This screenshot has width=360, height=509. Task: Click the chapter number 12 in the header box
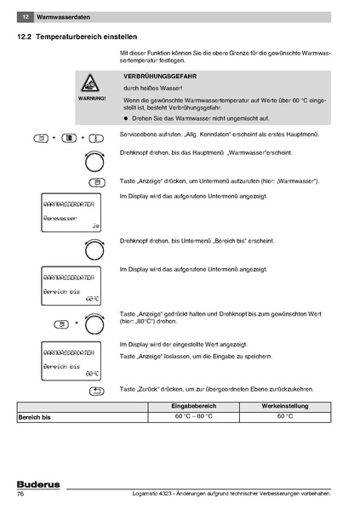pos(26,17)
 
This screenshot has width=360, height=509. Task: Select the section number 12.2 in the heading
pos(26,38)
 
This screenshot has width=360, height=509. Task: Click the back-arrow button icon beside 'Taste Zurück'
pos(96,391)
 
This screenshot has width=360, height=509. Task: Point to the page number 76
pos(21,495)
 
